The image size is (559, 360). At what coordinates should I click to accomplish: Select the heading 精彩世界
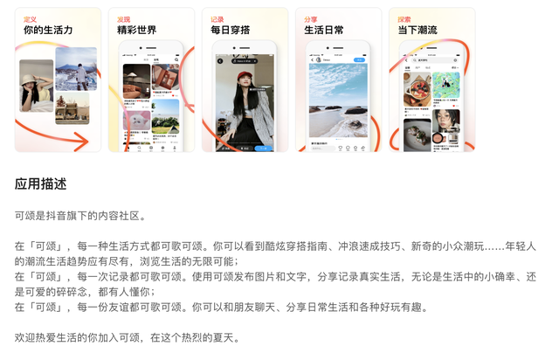pos(137,31)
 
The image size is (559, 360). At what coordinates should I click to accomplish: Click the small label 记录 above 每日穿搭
pos(217,18)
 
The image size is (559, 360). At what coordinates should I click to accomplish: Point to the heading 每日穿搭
pos(230,31)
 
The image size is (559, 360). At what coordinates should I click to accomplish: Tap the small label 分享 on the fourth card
pos(310,18)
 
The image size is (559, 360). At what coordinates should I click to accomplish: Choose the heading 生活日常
pos(323,31)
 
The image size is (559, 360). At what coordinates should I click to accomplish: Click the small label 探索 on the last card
pos(404,18)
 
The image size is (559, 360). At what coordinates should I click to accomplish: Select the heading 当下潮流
pos(418,31)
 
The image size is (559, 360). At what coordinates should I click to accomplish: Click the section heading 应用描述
pos(40,184)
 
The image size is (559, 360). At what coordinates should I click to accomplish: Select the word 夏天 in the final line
pos(224,337)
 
